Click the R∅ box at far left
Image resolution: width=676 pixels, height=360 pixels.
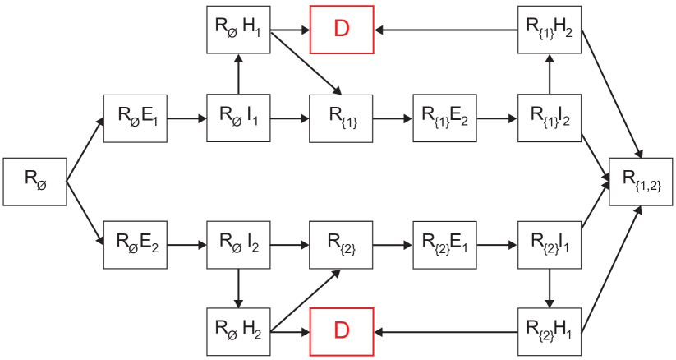coord(34,182)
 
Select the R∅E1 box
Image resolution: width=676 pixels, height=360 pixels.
coord(136,118)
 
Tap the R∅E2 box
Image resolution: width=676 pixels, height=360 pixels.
coord(136,244)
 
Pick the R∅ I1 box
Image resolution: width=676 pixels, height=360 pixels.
coord(238,118)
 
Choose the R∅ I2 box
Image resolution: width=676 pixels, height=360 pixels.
coord(238,244)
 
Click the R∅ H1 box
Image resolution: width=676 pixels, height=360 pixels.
coord(238,29)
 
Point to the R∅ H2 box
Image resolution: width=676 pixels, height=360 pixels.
coord(238,332)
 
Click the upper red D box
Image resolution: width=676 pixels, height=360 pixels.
coord(342,29)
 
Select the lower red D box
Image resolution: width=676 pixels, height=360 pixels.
coord(342,332)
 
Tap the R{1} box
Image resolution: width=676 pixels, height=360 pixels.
coord(342,118)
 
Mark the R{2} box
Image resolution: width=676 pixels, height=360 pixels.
coord(342,244)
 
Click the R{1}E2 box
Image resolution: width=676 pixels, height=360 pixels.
coord(444,118)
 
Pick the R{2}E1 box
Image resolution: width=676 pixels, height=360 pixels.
coord(444,244)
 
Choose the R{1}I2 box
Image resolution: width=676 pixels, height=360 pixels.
coord(549,118)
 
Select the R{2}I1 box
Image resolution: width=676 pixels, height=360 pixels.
coord(549,244)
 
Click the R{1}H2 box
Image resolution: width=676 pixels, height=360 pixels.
coord(549,29)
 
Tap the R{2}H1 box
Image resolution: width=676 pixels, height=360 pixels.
coord(549,332)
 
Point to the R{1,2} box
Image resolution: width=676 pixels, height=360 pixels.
coord(639,182)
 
